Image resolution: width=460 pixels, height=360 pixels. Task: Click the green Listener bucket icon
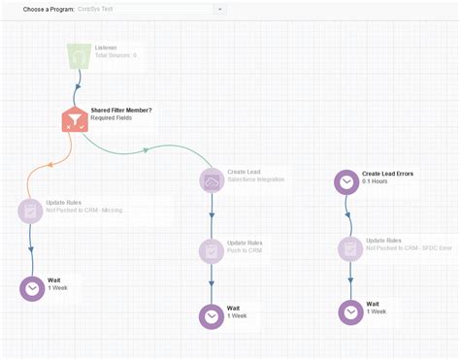pyautogui.click(x=77, y=56)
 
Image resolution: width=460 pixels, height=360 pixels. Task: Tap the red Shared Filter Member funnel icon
pyautogui.click(x=74, y=119)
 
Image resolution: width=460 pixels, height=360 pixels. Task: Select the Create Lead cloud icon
pyautogui.click(x=211, y=180)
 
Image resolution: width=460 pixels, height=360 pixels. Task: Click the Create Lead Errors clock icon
pyautogui.click(x=346, y=181)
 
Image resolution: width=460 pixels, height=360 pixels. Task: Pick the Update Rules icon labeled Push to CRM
pyautogui.click(x=211, y=250)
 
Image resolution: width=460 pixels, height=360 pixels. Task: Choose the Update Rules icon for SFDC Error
pyautogui.click(x=349, y=248)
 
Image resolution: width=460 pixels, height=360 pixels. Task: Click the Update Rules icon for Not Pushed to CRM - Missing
pyautogui.click(x=31, y=209)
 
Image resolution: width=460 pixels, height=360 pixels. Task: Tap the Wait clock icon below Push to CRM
pyautogui.click(x=211, y=316)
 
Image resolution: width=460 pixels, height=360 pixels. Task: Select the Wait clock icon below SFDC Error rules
pyautogui.click(x=350, y=311)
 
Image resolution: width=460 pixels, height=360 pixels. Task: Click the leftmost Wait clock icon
pyautogui.click(x=32, y=288)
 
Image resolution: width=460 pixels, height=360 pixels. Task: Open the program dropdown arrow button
pyautogui.click(x=220, y=9)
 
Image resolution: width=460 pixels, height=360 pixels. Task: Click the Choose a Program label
pyautogui.click(x=49, y=9)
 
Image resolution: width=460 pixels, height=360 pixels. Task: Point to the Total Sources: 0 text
pyautogui.click(x=115, y=55)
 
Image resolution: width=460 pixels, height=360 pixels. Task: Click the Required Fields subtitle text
pyautogui.click(x=112, y=118)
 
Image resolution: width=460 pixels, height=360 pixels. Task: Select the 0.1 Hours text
pyautogui.click(x=376, y=181)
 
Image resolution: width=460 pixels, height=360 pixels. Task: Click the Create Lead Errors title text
pyautogui.click(x=387, y=174)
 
